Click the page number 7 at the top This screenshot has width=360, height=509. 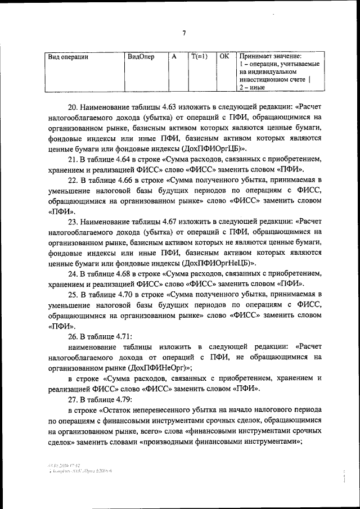tap(183, 33)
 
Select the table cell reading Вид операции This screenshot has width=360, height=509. tap(69, 57)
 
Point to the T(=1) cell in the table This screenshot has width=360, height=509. tap(199, 57)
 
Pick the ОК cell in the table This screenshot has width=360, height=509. tap(224, 57)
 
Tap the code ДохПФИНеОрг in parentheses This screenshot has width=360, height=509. tap(159, 367)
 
